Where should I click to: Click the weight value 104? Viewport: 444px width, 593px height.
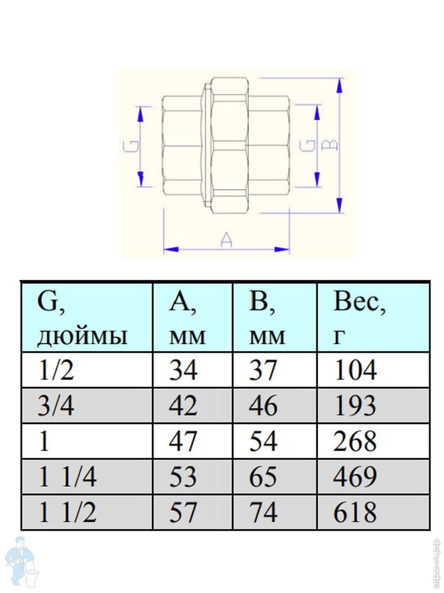tap(355, 370)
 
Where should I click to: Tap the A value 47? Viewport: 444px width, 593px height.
tap(183, 441)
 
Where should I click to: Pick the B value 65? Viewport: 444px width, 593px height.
tap(263, 477)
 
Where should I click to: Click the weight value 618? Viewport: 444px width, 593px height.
tap(355, 512)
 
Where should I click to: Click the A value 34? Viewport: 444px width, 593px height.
tap(183, 370)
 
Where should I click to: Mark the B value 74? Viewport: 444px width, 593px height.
tap(263, 512)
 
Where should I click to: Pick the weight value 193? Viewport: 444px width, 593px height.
tap(355, 406)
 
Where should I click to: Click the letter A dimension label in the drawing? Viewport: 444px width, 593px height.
tap(226, 240)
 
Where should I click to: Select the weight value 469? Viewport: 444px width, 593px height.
tap(355, 477)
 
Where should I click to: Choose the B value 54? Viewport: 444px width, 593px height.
tap(263, 441)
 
